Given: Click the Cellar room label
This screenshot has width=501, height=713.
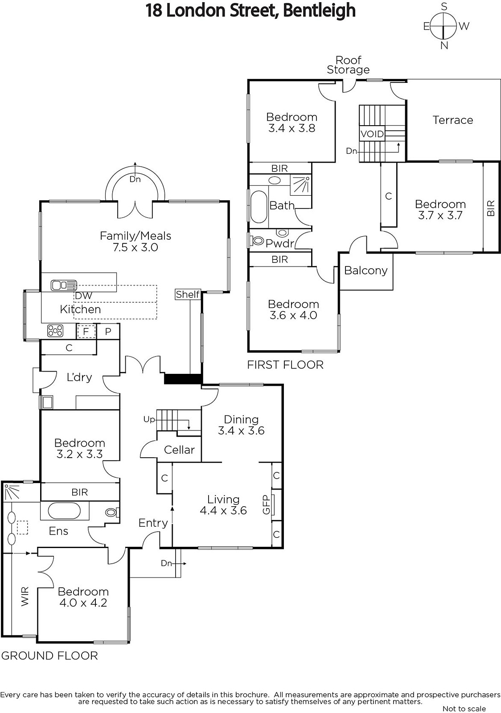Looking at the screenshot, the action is coord(179,450).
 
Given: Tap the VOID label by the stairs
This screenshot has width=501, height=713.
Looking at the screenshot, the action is coord(372,134).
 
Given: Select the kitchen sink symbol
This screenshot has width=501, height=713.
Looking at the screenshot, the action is coord(64,285).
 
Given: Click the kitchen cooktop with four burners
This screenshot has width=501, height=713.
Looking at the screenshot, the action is coord(55,331).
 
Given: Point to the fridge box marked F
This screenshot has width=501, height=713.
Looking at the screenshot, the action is coord(86,332).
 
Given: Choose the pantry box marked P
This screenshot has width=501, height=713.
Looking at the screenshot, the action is coord(108,332).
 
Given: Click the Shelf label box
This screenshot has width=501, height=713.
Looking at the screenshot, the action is coord(188,295).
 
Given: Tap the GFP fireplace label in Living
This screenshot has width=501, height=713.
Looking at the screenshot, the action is coord(266,505).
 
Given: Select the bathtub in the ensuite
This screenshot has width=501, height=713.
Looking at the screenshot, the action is coord(64,511).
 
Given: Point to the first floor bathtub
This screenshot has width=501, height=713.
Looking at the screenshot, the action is coord(259,207).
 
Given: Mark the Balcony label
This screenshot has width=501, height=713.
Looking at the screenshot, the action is coord(366,270).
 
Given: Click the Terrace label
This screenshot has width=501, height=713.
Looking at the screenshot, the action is coord(452,120).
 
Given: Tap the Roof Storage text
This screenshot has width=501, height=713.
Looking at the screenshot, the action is coord(348,65).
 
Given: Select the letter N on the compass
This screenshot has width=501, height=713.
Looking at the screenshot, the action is coord(444,45).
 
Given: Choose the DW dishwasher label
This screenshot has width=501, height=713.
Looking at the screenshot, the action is coord(83,296).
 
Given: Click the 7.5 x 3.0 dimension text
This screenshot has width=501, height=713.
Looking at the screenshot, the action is coord(135,247).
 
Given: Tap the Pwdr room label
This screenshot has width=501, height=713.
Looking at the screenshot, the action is coord(279,243).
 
